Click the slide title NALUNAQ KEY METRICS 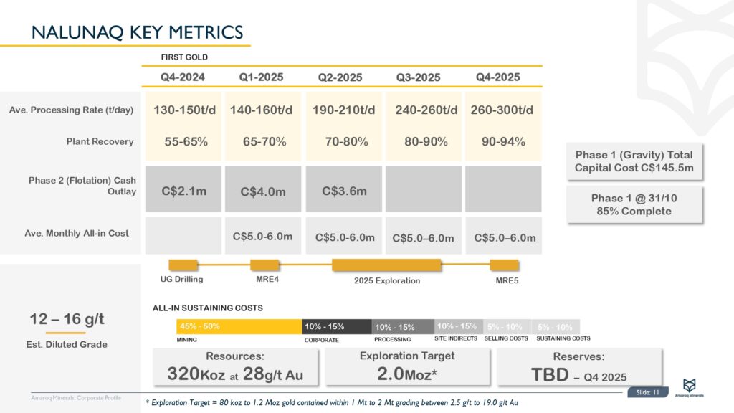click(x=138, y=32)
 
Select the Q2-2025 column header click(x=340, y=77)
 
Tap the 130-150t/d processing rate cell click(x=184, y=110)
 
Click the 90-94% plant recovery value click(x=502, y=142)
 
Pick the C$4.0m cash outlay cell click(x=262, y=191)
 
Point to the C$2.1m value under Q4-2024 click(x=183, y=191)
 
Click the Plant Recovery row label click(x=100, y=142)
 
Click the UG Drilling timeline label click(x=183, y=280)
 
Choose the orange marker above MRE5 click(x=504, y=265)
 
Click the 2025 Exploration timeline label click(x=387, y=280)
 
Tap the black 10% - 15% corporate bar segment click(x=336, y=327)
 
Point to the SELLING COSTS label click(x=506, y=338)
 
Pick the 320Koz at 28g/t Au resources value click(x=236, y=374)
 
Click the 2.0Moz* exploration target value click(x=407, y=374)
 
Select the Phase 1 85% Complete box click(x=631, y=204)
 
